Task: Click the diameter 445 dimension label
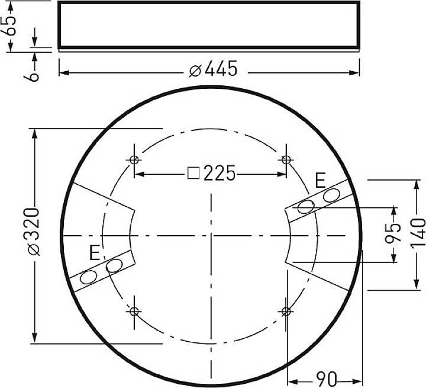click(214, 70)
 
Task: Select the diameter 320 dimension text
click(34, 232)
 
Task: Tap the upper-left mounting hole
click(134, 159)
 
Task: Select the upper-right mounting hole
click(286, 159)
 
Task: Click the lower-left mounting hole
click(134, 311)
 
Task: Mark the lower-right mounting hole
click(286, 311)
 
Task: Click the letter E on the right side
click(320, 180)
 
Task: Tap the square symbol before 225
click(193, 174)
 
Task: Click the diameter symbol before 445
click(195, 70)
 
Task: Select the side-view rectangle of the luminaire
click(209, 24)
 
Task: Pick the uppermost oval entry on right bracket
click(331, 195)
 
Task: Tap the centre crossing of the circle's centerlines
click(210, 235)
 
